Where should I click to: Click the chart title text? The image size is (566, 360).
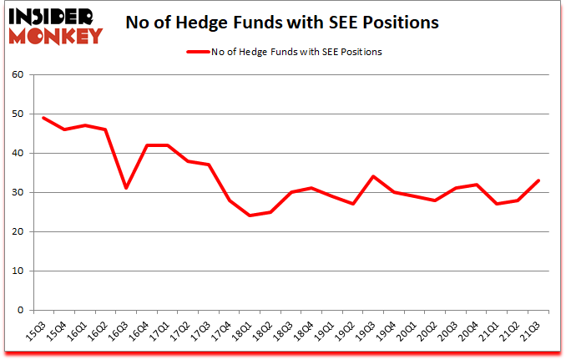pos(282,23)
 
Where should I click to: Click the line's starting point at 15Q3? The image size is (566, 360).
pos(43,118)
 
